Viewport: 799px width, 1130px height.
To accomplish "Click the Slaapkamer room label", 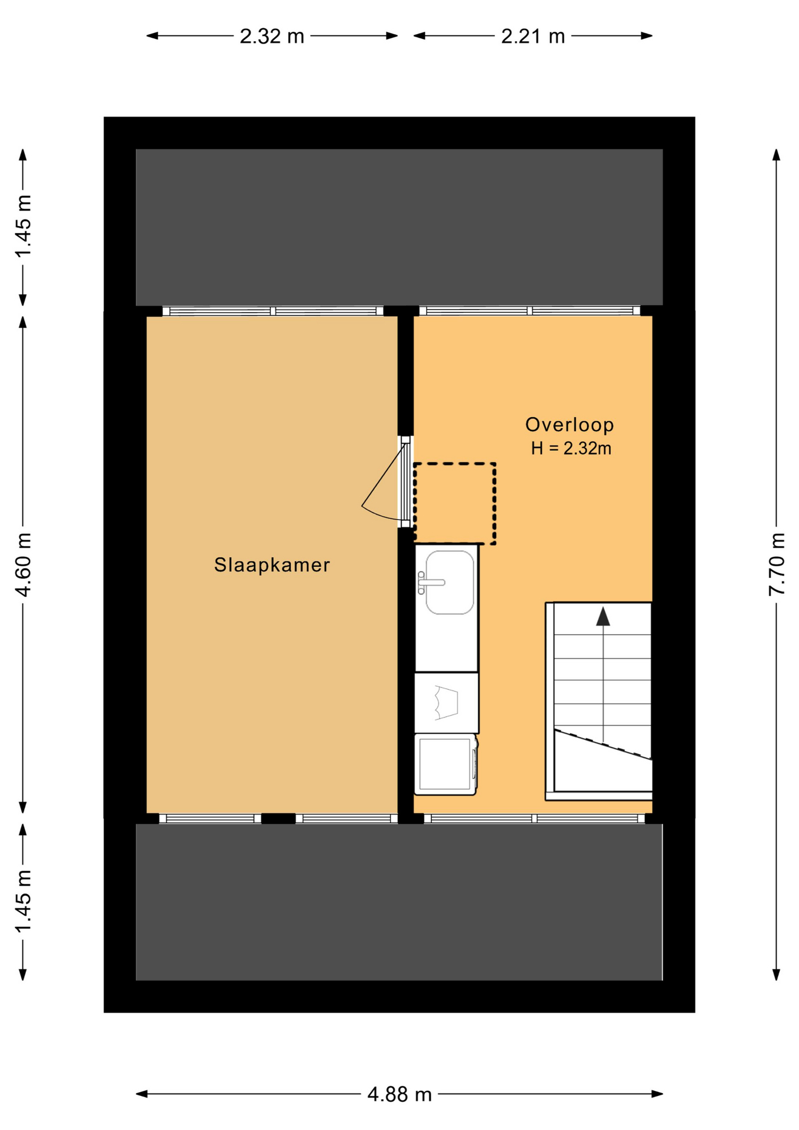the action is click(272, 565).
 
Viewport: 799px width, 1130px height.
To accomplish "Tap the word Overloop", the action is click(570, 424).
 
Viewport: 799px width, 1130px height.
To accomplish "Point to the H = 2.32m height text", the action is click(571, 448).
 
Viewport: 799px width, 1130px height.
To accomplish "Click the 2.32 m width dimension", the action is click(272, 36).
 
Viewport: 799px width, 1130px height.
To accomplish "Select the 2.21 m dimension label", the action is click(533, 36).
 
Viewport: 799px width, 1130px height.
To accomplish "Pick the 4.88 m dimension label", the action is click(399, 1094).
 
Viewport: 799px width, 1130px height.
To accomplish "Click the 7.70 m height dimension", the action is click(777, 564).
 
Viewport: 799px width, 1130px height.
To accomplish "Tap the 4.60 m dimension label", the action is click(23, 564).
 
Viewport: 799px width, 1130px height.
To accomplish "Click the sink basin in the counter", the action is click(450, 582).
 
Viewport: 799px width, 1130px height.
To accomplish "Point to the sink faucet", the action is click(429, 583).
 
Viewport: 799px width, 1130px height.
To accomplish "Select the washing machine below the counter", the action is click(445, 764).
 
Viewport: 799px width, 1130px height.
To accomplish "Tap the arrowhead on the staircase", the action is click(603, 616).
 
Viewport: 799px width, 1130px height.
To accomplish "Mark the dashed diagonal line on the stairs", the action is click(603, 745).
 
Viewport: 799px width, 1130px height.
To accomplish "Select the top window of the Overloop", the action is click(530, 311).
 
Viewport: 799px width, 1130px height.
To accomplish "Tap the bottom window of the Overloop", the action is click(534, 818).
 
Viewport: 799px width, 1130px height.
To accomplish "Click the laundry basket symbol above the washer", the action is click(446, 702).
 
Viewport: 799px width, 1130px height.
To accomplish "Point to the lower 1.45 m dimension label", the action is click(23, 901).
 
